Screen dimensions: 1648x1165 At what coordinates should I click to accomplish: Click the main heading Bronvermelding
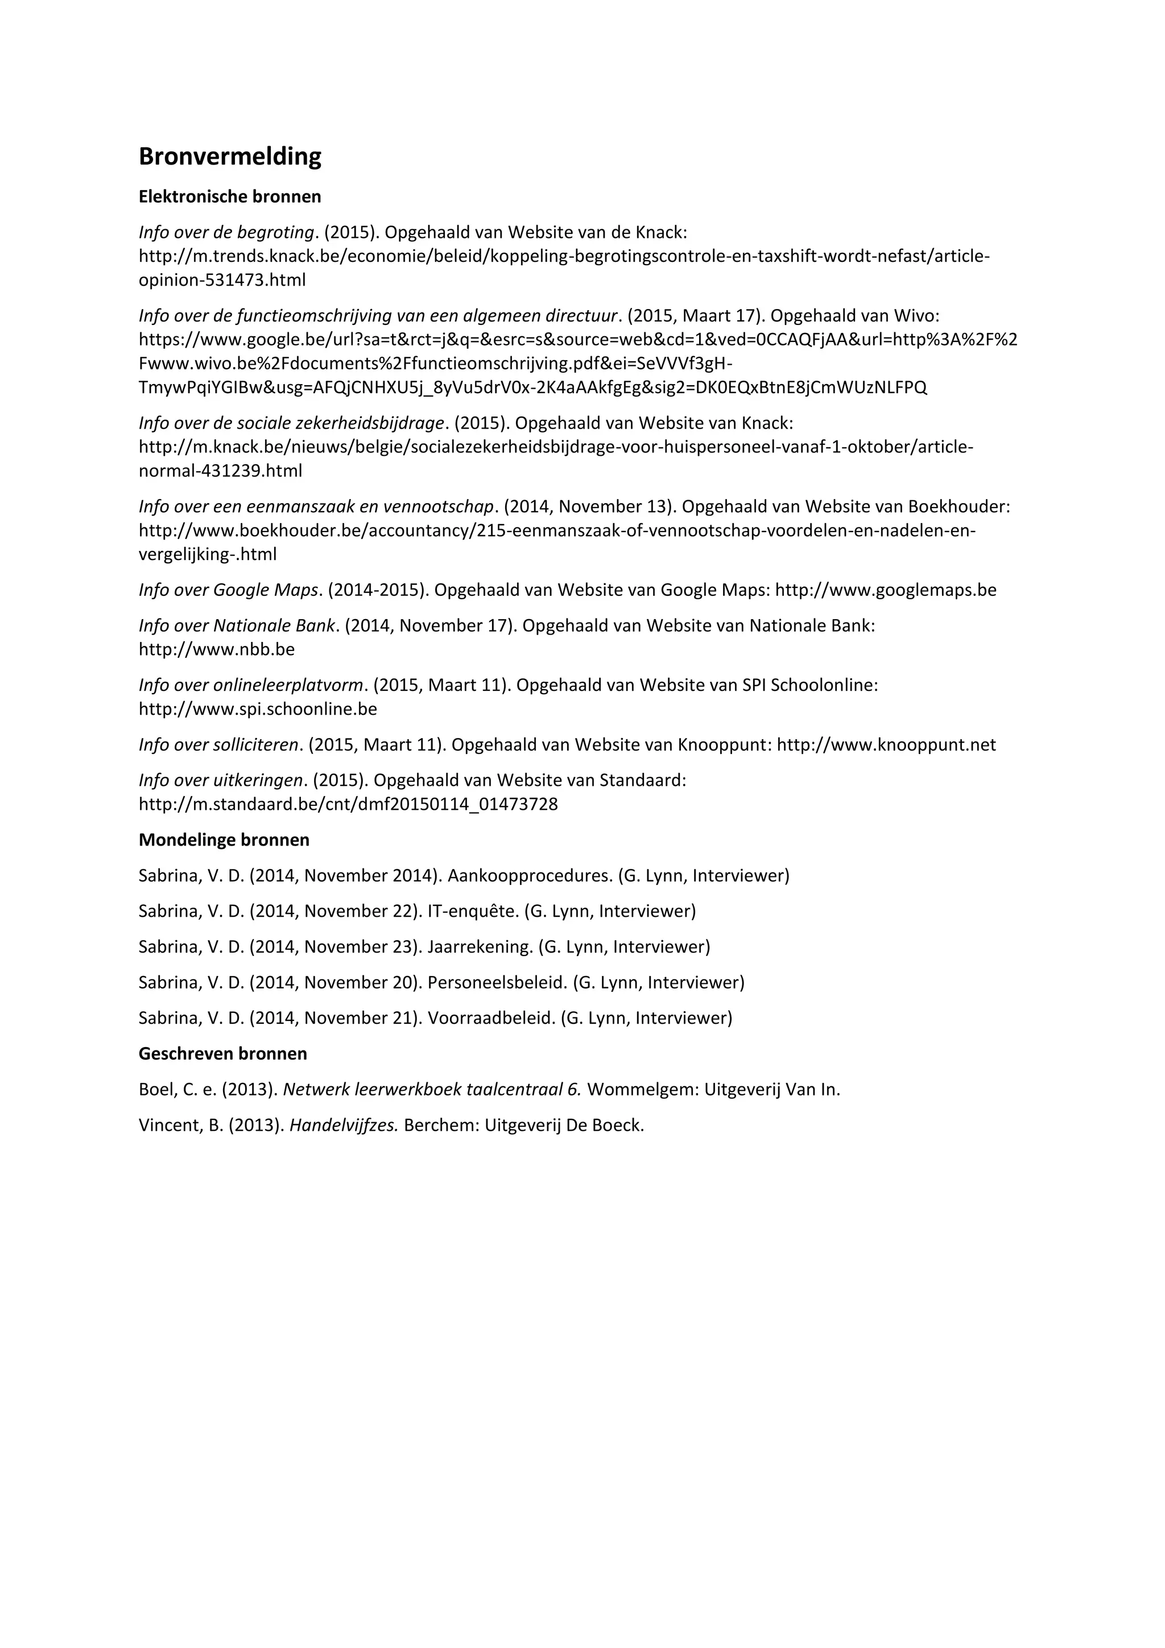point(230,156)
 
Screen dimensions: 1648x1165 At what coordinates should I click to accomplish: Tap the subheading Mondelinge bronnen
point(224,840)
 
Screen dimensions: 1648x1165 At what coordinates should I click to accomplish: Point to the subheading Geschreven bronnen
point(222,1054)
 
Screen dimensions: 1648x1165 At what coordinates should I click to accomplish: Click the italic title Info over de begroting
point(226,233)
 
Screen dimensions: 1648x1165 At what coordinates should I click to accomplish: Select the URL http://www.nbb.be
point(217,649)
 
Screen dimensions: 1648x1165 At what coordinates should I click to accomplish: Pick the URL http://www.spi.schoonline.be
point(258,709)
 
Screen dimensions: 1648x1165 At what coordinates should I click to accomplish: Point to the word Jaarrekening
point(479,947)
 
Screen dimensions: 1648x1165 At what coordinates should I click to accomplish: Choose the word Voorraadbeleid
point(491,1018)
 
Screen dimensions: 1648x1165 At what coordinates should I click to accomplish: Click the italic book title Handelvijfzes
point(344,1126)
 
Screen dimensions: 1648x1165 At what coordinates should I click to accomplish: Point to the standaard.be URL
point(348,805)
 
